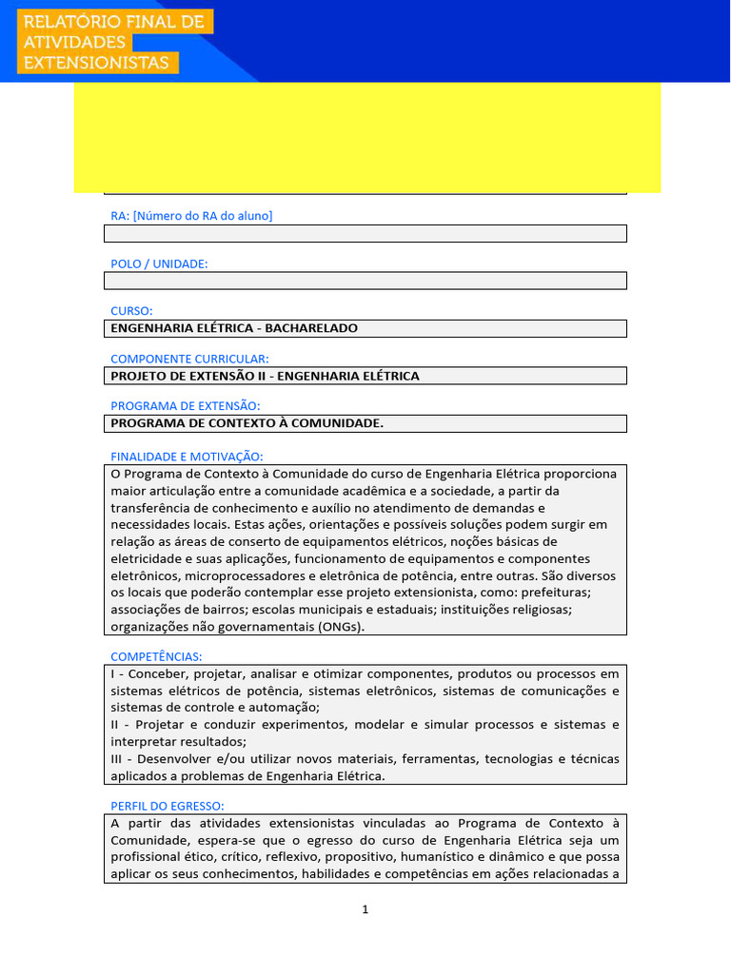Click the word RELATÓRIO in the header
63,21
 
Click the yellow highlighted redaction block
366,137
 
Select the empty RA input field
365,234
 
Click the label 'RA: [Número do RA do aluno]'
191,216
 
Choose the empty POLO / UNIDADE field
365,281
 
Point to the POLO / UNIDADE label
159,263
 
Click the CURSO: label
131,311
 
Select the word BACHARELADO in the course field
311,328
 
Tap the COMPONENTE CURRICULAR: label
189,359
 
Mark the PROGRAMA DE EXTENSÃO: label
185,406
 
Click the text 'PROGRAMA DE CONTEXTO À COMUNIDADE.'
247,423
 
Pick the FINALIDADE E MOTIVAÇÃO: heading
187,457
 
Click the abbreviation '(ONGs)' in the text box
344,627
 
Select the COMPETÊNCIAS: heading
156,656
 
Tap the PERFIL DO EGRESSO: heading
168,806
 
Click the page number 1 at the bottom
365,909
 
